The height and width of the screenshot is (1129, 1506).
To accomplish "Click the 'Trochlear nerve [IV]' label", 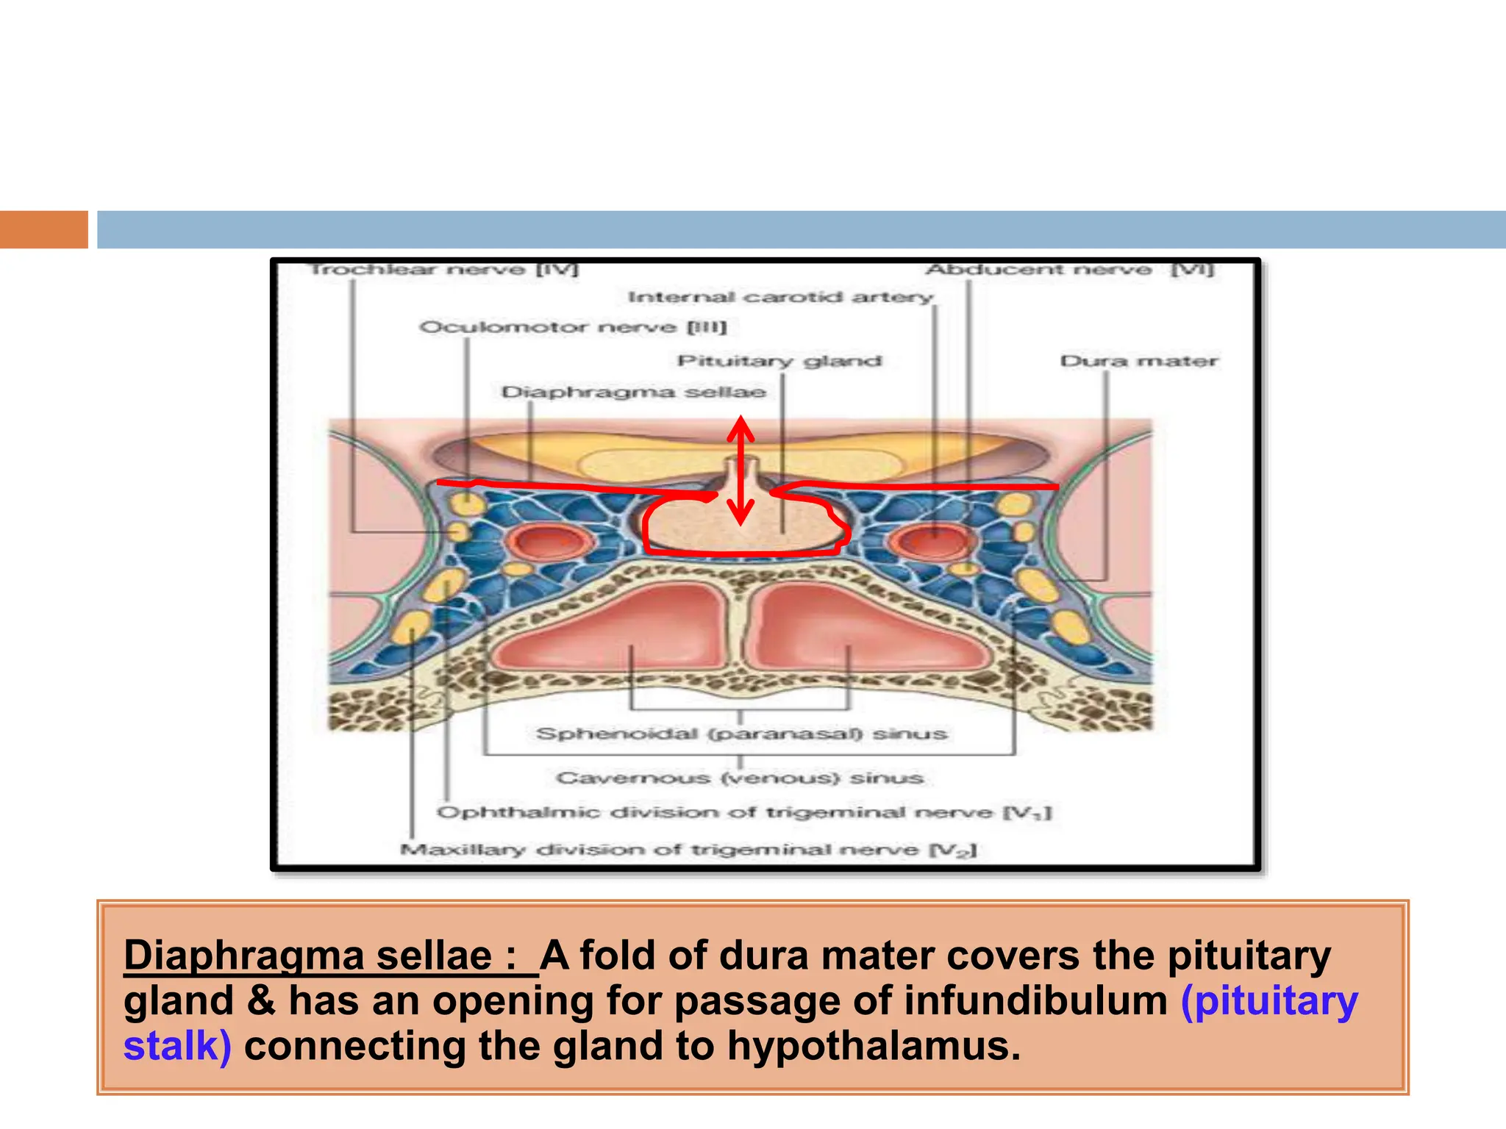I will click(444, 269).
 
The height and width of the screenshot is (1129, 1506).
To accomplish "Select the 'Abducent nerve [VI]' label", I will click(1070, 269).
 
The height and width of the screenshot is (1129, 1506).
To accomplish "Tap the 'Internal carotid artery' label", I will click(780, 297).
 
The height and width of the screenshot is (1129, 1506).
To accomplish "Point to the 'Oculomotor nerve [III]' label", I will click(573, 327).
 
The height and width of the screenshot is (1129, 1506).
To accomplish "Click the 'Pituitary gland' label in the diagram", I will click(779, 361).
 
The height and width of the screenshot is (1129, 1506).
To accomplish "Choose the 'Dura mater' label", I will click(1139, 361).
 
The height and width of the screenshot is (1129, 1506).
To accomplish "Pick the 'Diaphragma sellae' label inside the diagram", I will click(633, 392).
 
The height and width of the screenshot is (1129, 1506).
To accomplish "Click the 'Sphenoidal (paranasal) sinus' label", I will click(741, 734).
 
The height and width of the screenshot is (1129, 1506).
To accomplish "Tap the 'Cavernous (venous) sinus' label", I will click(740, 778).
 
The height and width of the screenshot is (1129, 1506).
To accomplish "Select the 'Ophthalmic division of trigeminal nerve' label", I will click(744, 812).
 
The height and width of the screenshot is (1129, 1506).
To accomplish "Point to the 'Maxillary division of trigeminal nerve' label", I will click(688, 850).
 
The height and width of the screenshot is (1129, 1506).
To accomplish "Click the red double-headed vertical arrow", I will click(741, 470).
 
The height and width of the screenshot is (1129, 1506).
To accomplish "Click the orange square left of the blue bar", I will click(43, 229).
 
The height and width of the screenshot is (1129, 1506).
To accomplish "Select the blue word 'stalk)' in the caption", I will click(177, 1046).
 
